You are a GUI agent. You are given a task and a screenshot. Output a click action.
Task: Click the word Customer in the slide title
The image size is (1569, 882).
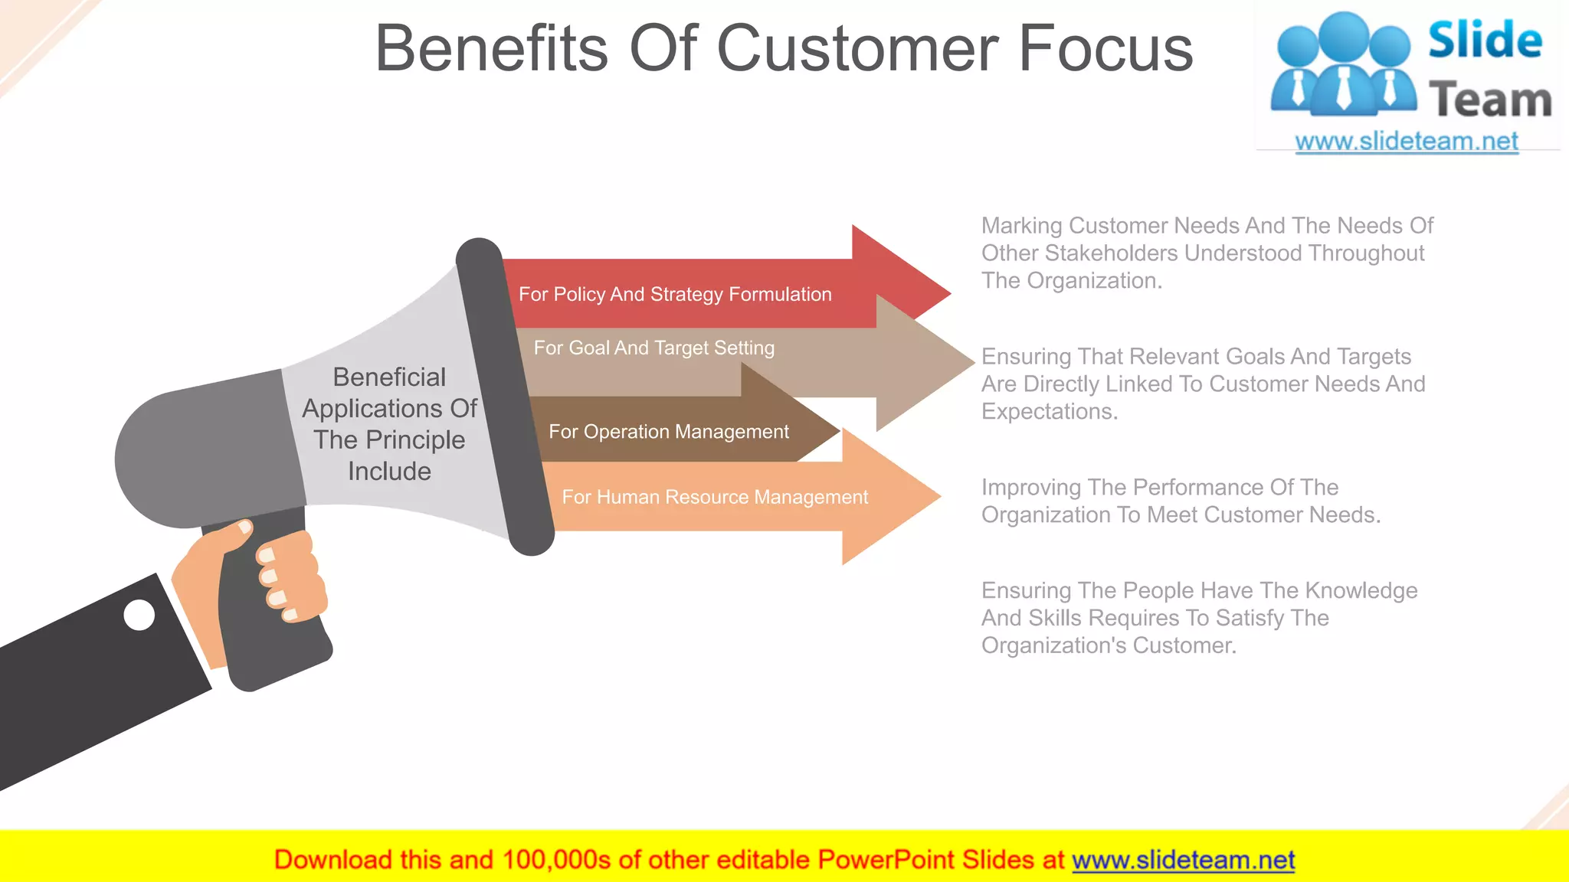click(x=857, y=49)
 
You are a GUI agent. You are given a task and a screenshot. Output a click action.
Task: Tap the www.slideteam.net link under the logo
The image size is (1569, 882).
click(x=1406, y=142)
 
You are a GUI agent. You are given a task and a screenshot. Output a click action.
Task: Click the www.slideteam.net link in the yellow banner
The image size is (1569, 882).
click(x=1183, y=861)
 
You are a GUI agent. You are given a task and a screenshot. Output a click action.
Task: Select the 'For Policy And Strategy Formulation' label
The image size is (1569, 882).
click(x=675, y=295)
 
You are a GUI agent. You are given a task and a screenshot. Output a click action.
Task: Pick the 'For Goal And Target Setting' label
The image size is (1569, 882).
click(x=653, y=348)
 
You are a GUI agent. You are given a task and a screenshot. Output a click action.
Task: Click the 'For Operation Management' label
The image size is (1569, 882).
click(x=668, y=432)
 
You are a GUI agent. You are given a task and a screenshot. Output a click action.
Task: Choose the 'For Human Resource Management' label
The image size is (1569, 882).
click(x=715, y=498)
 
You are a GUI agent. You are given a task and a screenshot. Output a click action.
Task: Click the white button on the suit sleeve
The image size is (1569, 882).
click(x=139, y=615)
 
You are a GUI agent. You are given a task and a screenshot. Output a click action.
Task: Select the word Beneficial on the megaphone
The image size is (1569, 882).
click(x=389, y=377)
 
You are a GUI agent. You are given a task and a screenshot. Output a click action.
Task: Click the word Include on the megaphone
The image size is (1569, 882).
click(x=389, y=472)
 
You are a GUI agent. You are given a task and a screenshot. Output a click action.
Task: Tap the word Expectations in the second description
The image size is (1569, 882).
click(x=1050, y=412)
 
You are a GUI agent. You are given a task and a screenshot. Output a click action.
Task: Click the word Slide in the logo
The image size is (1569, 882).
click(x=1485, y=40)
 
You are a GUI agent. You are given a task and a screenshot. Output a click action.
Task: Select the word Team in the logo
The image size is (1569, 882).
click(x=1489, y=100)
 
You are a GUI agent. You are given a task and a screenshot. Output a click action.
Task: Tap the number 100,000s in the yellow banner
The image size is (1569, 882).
click(x=556, y=861)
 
